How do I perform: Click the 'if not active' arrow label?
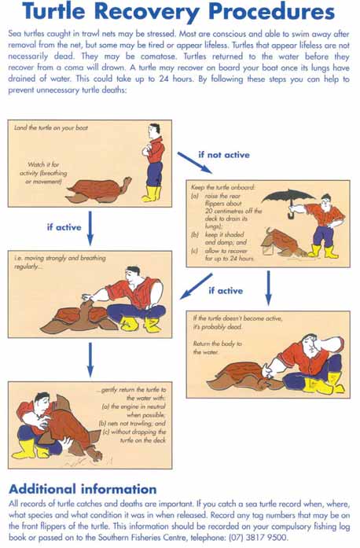pyautogui.click(x=224, y=155)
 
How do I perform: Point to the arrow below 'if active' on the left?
pyautogui.click(x=90, y=228)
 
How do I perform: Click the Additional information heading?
pyautogui.click(x=83, y=489)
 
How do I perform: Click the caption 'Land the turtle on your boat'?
pyautogui.click(x=51, y=128)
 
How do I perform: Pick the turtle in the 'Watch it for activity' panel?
pyautogui.click(x=99, y=190)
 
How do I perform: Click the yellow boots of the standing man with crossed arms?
pyautogui.click(x=152, y=194)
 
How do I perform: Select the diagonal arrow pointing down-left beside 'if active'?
pyautogui.click(x=196, y=287)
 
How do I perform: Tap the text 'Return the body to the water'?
pyautogui.click(x=218, y=348)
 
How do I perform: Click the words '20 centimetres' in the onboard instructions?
pyautogui.click(x=224, y=211)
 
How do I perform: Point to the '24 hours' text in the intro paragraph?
pyautogui.click(x=176, y=79)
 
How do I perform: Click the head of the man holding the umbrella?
pyautogui.click(x=325, y=201)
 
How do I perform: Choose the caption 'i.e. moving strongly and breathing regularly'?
pyautogui.click(x=60, y=262)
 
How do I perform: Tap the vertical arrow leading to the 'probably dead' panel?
pyautogui.click(x=268, y=289)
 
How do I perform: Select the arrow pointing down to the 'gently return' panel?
pyautogui.click(x=90, y=360)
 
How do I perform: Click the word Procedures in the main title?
pyautogui.click(x=272, y=12)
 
